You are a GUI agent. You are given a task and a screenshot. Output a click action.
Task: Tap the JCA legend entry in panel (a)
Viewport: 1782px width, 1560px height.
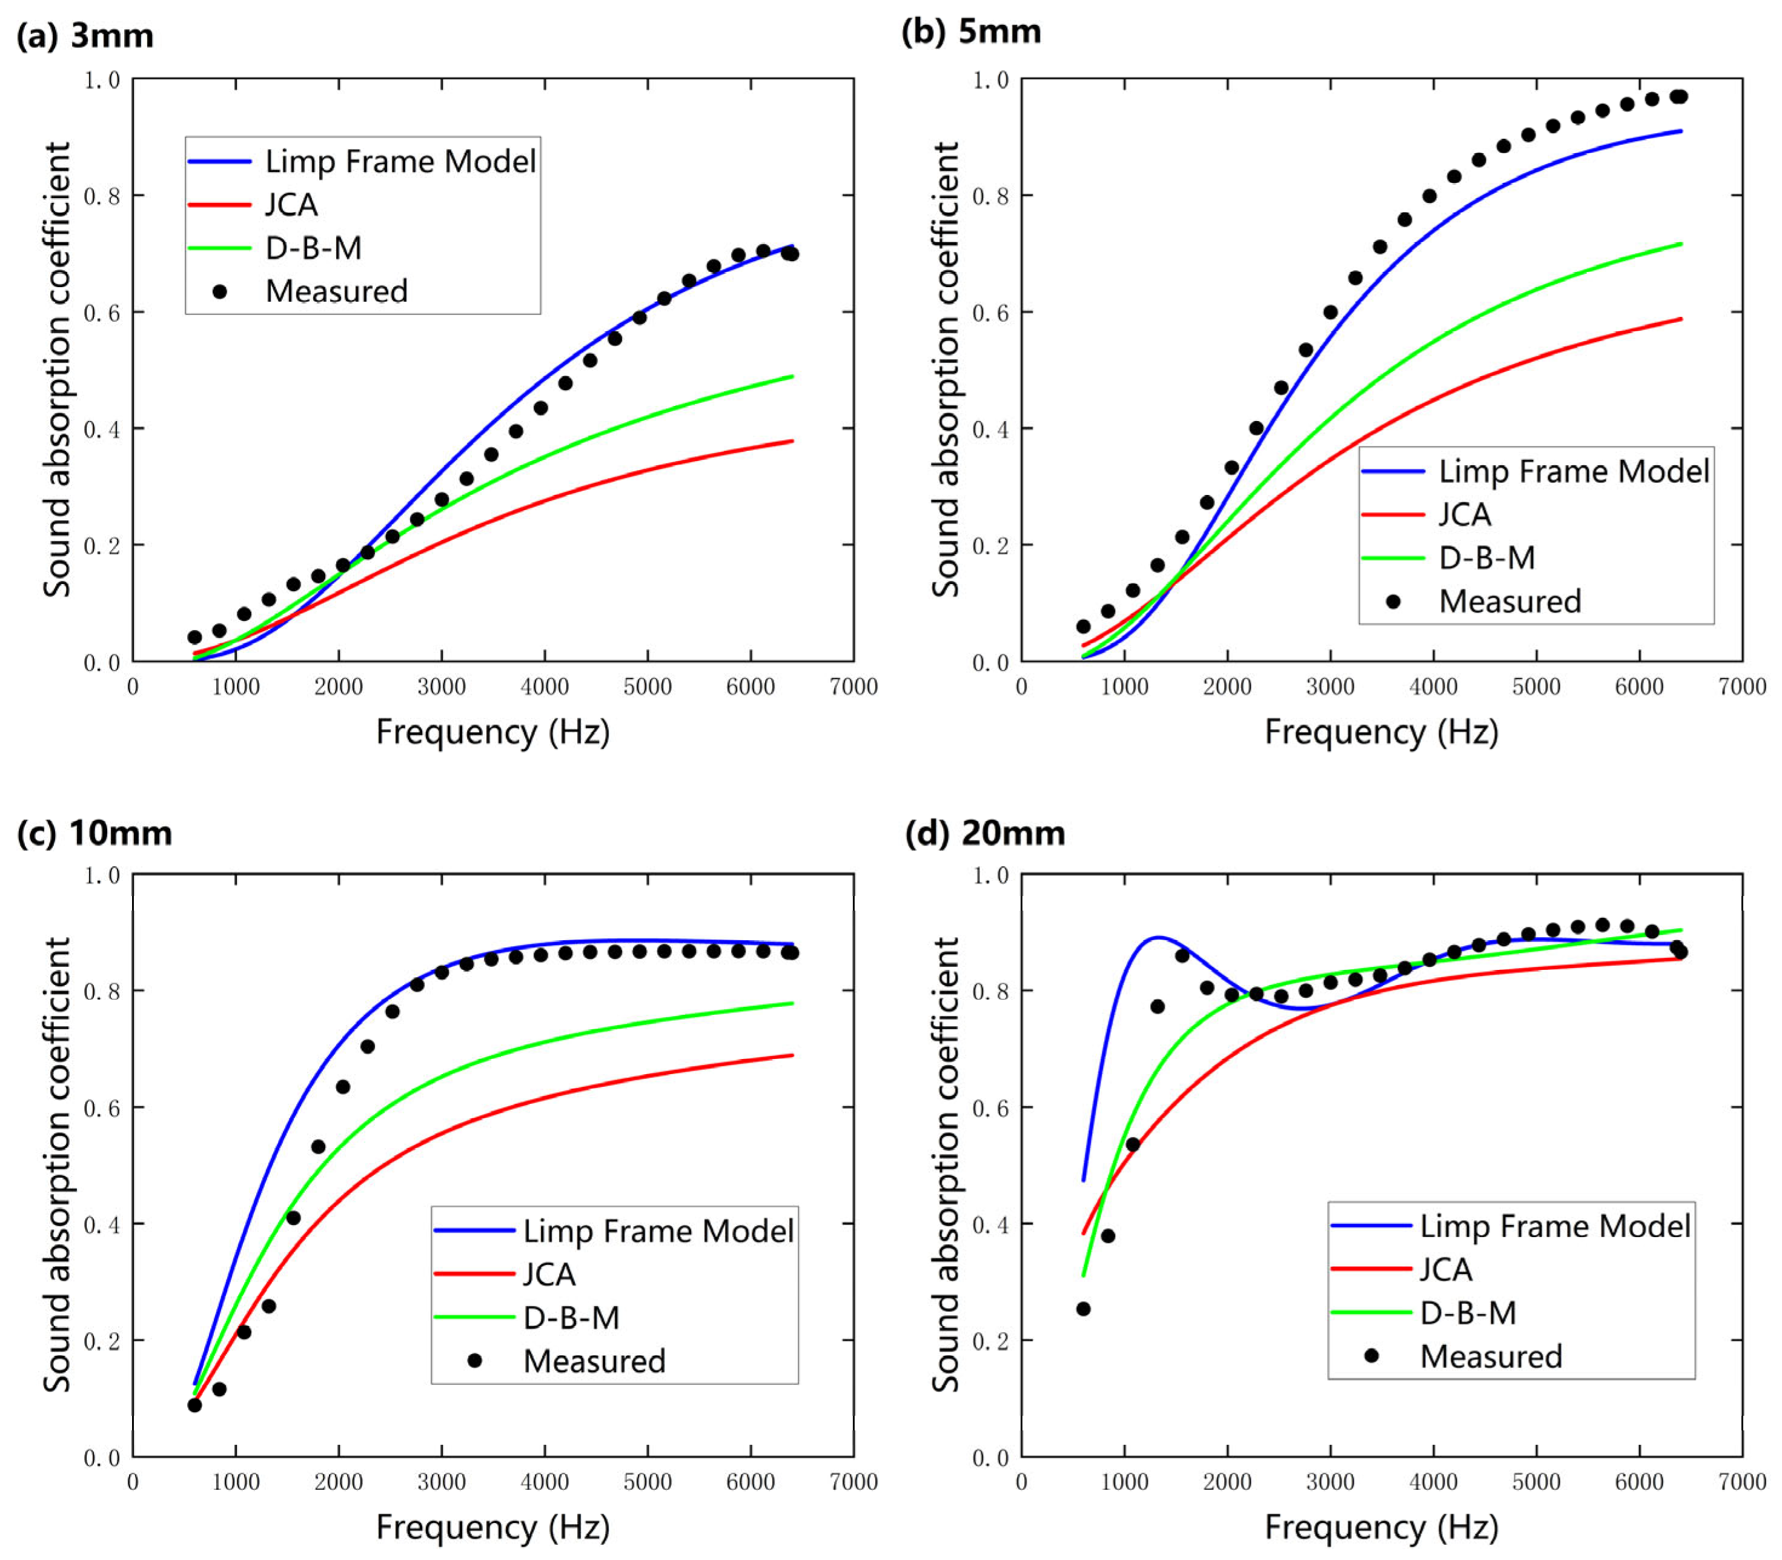pos(291,205)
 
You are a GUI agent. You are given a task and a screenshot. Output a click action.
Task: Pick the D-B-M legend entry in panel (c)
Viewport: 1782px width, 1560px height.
pos(571,1317)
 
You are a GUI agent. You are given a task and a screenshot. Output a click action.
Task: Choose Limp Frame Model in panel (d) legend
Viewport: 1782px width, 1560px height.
pos(1555,1226)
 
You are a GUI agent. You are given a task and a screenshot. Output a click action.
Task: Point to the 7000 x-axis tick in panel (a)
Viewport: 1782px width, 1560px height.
pos(853,687)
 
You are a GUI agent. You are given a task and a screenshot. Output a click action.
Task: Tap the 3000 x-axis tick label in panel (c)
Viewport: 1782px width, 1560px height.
pos(442,1482)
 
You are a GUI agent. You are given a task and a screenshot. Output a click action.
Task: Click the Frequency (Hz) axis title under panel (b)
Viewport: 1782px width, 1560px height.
pos(1380,731)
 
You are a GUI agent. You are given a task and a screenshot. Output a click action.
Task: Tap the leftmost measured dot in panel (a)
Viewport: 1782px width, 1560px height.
pos(194,637)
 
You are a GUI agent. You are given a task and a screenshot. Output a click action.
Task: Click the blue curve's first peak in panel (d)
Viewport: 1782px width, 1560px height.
pos(1158,938)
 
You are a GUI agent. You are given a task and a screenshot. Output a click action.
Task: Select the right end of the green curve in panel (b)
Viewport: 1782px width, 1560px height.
pos(1681,244)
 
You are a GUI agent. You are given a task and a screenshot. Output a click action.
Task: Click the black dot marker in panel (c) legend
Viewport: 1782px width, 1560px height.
pos(474,1361)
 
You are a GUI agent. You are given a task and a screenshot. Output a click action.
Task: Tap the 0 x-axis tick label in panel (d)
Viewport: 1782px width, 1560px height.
pos(1021,1482)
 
